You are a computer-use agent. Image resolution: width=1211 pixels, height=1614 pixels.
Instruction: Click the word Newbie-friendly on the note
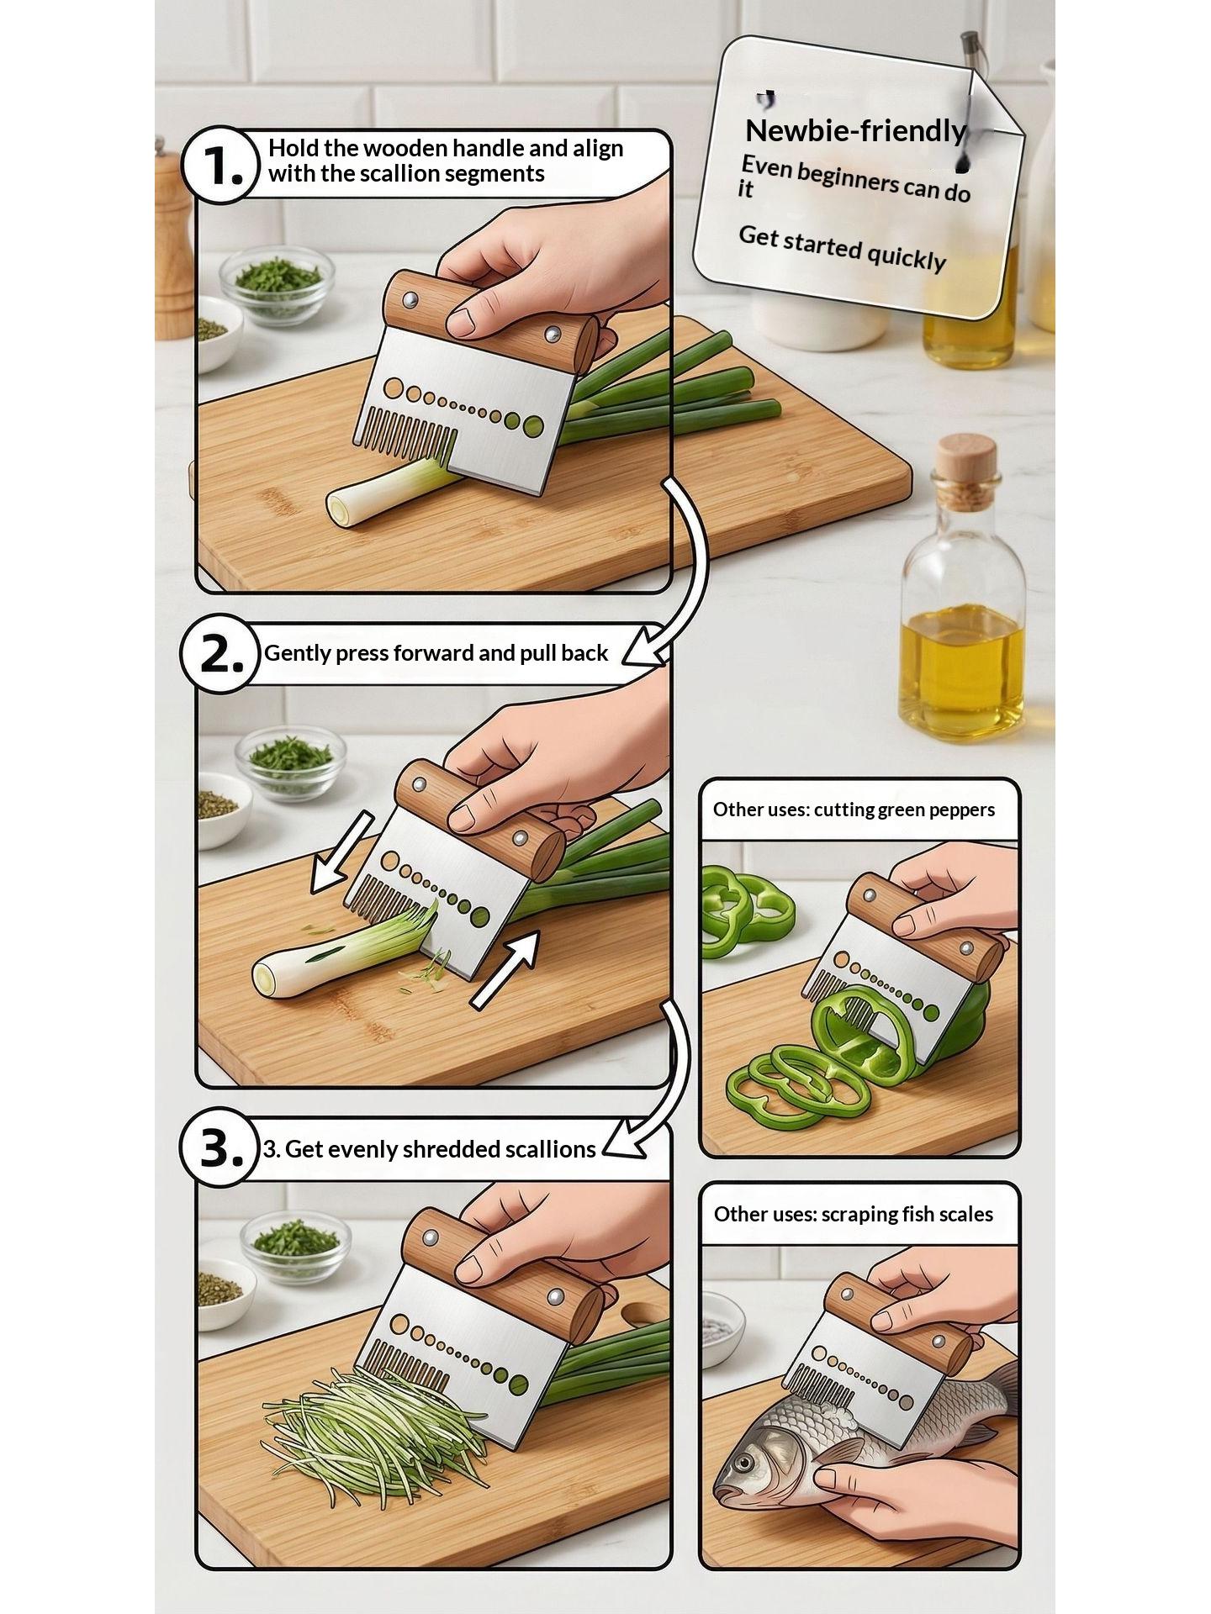point(856,131)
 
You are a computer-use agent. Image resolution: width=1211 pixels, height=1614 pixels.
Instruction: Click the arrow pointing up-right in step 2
point(505,970)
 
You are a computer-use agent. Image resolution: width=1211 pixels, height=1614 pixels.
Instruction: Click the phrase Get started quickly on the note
point(843,248)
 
